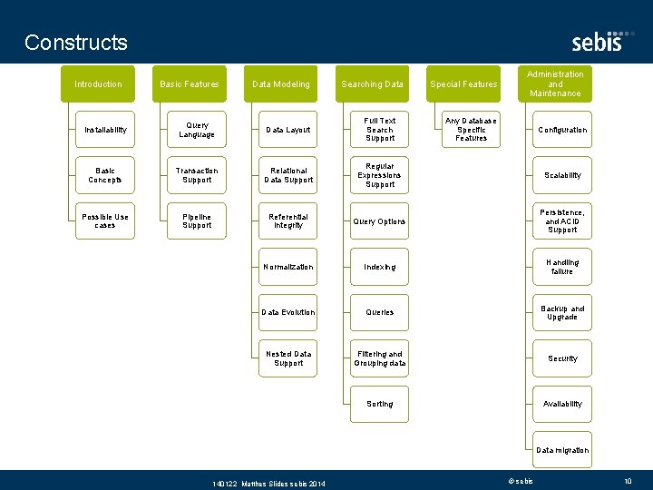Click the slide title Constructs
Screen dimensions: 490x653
tap(76, 43)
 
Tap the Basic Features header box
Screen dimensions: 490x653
tap(189, 84)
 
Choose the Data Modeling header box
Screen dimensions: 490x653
tap(280, 84)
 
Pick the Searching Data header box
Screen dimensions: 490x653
tap(372, 84)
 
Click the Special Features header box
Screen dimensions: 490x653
tap(463, 84)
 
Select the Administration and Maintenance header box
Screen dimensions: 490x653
tap(555, 83)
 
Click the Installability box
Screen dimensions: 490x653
tap(105, 130)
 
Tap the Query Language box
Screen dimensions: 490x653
tap(197, 130)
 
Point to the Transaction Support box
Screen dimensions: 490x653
tap(197, 175)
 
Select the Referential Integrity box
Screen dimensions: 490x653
tap(288, 221)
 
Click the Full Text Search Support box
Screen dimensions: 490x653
tap(380, 130)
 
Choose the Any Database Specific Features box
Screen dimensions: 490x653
tap(471, 130)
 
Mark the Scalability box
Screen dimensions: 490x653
tap(562, 175)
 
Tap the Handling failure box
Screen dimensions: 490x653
tap(562, 267)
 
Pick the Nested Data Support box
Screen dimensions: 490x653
tap(288, 358)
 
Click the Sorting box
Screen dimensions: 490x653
tap(380, 404)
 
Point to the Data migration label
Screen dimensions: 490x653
tap(562, 450)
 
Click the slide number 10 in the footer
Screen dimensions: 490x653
tap(628, 481)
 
